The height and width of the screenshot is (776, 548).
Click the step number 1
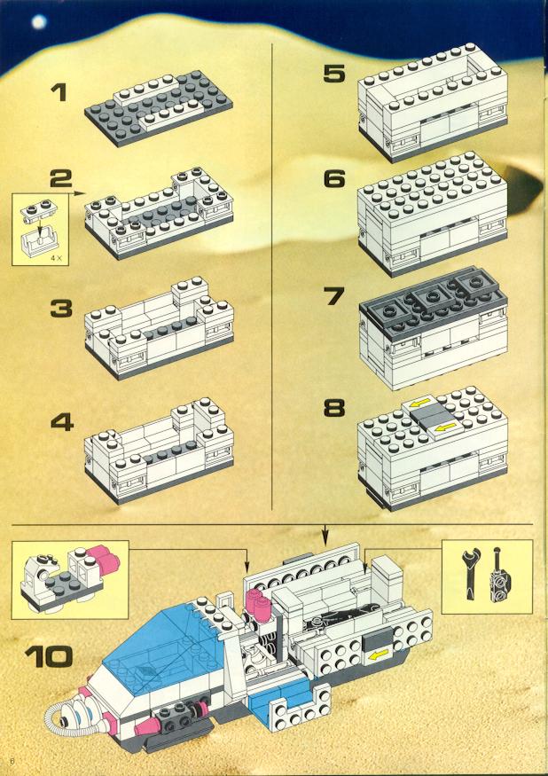[60, 92]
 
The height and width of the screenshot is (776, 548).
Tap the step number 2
[61, 178]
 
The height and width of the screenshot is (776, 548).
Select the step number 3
[61, 309]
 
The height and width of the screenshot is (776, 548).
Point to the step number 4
[62, 422]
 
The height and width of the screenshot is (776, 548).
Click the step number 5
[334, 74]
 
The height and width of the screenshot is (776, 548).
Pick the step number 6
[334, 178]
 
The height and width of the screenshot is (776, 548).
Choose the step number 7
[334, 296]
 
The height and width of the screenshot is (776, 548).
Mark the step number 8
[334, 409]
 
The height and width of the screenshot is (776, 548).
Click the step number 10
[49, 656]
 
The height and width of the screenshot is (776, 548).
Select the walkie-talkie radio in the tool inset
[497, 575]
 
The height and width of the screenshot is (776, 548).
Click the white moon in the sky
[39, 22]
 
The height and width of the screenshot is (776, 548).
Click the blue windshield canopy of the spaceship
[160, 643]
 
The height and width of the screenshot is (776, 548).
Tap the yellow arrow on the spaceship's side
[377, 655]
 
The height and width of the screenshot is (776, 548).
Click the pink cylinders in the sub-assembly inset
[105, 559]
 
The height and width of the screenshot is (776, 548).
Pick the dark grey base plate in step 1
[159, 110]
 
